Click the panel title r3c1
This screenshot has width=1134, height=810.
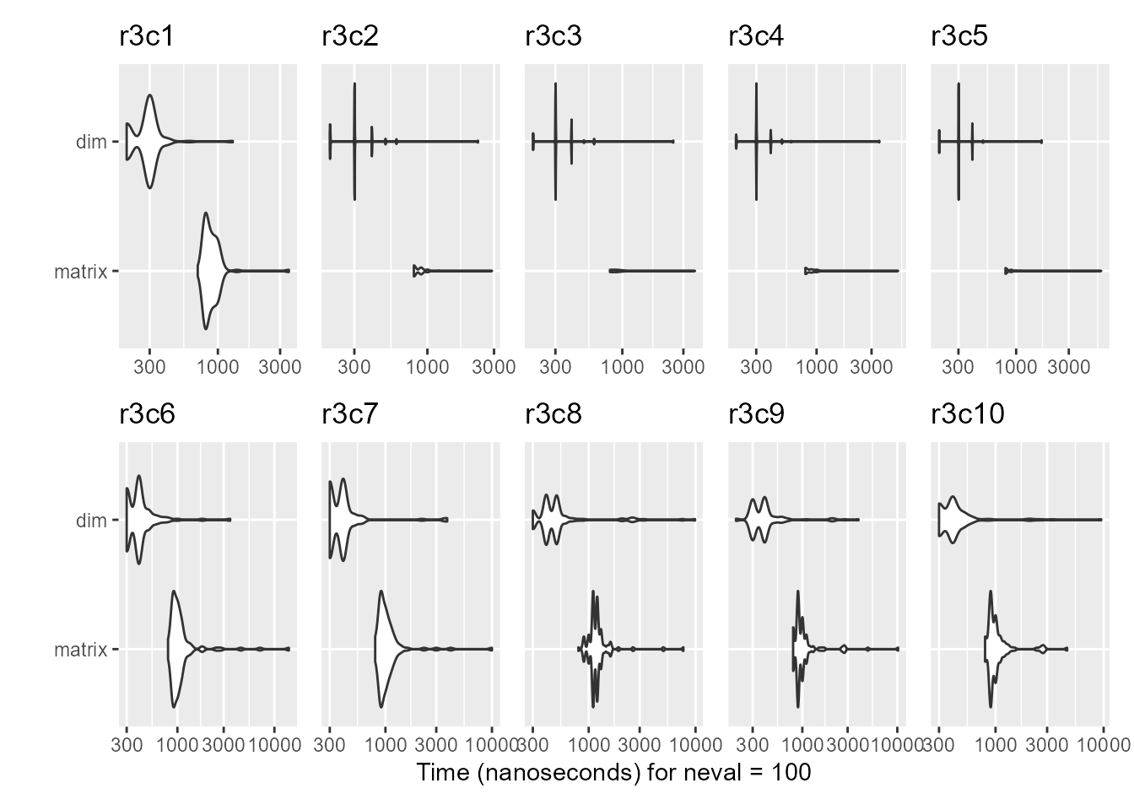[147, 37]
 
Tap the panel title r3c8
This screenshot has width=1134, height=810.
[553, 415]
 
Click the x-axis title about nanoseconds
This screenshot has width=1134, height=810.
[613, 772]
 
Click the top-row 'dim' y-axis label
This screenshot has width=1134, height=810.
[91, 142]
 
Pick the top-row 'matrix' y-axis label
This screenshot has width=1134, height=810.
[80, 272]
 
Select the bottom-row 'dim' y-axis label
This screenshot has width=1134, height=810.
[91, 521]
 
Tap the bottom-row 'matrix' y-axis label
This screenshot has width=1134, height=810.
[80, 650]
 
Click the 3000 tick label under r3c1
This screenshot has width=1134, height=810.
[279, 366]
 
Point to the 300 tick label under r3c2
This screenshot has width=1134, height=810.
[354, 366]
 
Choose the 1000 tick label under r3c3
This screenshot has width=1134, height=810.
[623, 366]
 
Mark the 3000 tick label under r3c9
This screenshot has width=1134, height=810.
[850, 745]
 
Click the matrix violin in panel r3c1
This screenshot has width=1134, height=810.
[208, 271]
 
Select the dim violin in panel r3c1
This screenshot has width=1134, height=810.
[150, 141]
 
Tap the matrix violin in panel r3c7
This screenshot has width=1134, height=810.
[385, 649]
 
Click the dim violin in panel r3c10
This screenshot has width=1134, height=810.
[953, 520]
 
